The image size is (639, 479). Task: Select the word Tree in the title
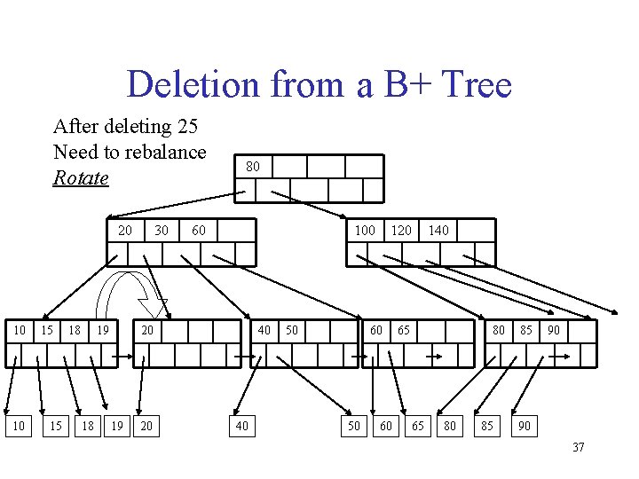pos(477,85)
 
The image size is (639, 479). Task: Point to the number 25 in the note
pos(186,126)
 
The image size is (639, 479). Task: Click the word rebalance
pos(161,152)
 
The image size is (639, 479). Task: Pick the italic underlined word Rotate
pos(81,177)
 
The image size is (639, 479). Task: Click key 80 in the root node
pos(253,166)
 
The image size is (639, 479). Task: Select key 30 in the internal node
pos(161,230)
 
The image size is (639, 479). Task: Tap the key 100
pos(365,230)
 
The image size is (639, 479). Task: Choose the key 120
pos(401,230)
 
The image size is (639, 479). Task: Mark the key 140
pos(438,230)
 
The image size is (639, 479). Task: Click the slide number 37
pos(578,447)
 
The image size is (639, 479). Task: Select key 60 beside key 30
pos(198,230)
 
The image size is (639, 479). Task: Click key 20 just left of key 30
pos(124,230)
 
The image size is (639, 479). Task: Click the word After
pos(74,126)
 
